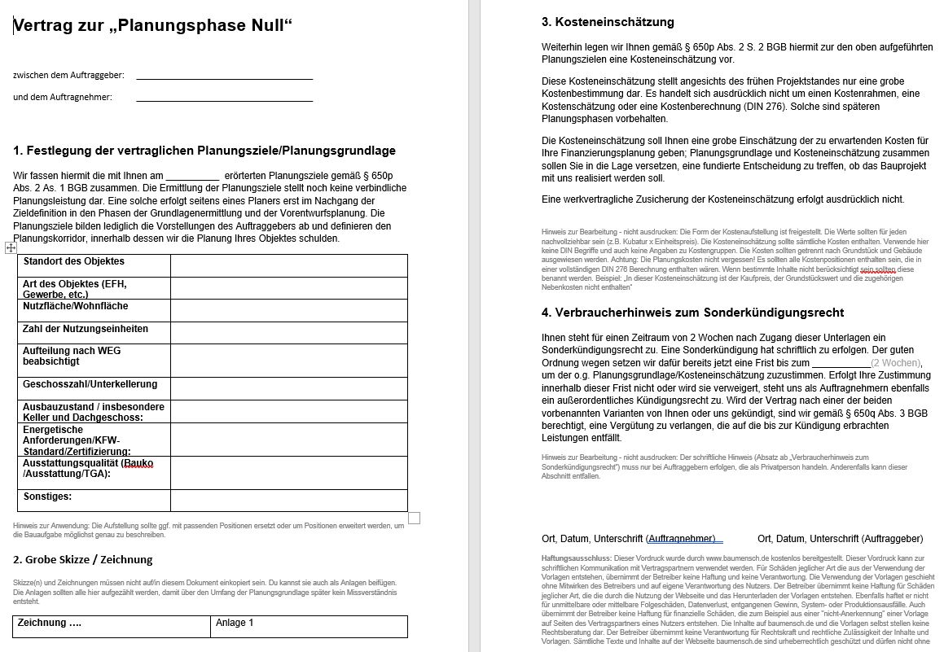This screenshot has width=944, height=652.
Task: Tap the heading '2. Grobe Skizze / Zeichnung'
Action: [x=83, y=559]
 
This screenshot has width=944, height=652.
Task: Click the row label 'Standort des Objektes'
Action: [x=73, y=261]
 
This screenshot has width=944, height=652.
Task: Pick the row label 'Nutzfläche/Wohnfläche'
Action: [x=75, y=306]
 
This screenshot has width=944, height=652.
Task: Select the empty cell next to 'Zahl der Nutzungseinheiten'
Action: [x=288, y=332]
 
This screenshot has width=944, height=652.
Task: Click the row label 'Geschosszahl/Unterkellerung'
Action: [x=90, y=384]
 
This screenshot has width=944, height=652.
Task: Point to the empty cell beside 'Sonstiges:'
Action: [x=288, y=500]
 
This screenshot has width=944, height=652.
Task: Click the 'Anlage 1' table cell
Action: [x=235, y=624]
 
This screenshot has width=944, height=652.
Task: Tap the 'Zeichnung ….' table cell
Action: [x=50, y=624]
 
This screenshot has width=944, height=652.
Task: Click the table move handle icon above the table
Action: [x=11, y=247]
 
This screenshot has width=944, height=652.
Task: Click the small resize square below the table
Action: [x=414, y=518]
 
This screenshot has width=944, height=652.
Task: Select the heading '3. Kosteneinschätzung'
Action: [x=608, y=22]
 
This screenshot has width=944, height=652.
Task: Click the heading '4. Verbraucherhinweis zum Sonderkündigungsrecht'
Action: [x=692, y=313]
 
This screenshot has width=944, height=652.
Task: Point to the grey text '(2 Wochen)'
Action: [x=895, y=363]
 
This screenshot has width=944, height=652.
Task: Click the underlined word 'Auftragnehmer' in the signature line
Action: [x=681, y=539]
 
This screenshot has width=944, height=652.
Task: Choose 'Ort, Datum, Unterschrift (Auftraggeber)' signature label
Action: [x=840, y=539]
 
